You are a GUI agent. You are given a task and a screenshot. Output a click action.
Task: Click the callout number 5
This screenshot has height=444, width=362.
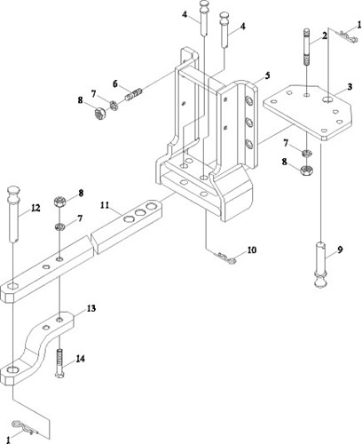[267, 75]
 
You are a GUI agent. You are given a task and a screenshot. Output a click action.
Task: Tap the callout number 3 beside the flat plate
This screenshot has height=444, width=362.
[350, 87]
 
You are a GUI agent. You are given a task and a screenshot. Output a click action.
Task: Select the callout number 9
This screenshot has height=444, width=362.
[340, 250]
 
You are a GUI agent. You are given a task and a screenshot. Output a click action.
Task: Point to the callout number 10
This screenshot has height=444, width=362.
[252, 250]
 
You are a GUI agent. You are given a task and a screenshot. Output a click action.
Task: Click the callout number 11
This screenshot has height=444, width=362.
[105, 205]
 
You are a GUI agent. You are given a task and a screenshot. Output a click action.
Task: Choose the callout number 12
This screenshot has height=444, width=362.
[35, 208]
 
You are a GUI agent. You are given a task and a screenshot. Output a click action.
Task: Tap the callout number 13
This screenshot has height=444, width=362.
[91, 308]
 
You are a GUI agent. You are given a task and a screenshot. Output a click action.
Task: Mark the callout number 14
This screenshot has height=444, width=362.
[80, 359]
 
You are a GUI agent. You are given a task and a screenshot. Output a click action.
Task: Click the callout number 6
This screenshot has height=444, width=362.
[115, 84]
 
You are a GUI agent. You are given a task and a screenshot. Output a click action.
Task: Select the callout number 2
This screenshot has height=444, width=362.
[325, 36]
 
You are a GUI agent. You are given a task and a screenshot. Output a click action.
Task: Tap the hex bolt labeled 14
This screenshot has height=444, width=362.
[59, 363]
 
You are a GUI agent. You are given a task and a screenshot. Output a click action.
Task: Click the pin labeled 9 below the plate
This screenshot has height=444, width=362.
[320, 265]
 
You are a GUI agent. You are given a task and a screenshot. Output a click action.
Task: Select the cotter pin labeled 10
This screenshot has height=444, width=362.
[226, 258]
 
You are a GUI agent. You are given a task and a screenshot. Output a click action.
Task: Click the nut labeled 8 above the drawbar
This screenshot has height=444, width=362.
[59, 202]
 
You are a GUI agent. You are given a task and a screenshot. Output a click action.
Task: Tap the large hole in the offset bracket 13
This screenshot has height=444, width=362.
[12, 369]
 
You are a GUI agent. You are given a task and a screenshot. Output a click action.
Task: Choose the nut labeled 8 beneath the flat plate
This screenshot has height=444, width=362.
[307, 170]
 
